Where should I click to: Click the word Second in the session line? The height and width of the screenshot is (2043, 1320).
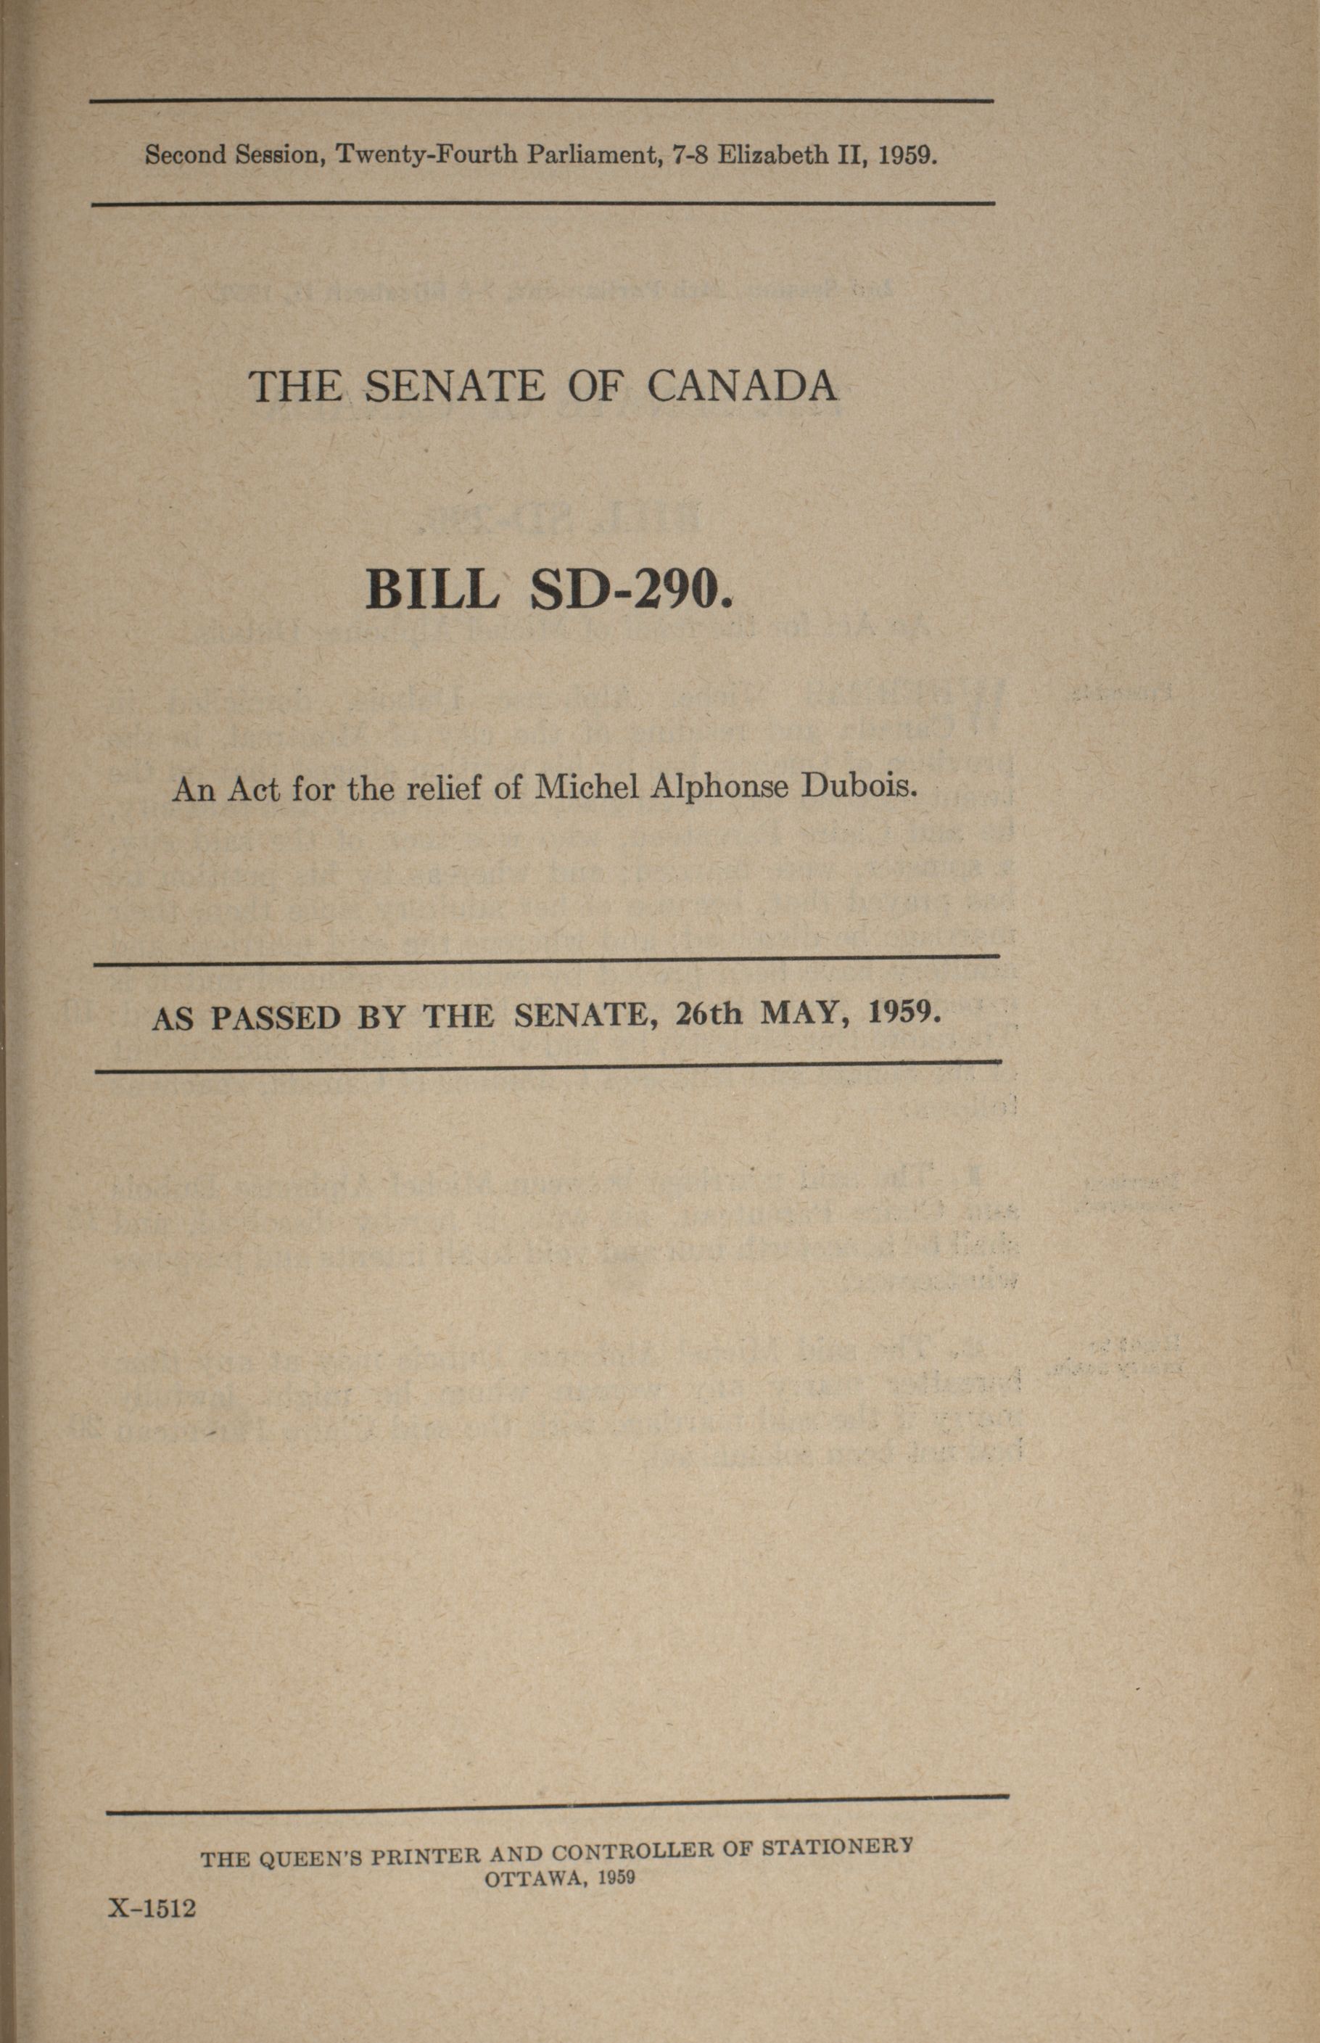tap(184, 155)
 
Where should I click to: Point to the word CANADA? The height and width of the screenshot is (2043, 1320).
tap(741, 387)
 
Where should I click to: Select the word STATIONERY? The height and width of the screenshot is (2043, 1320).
tap(838, 1845)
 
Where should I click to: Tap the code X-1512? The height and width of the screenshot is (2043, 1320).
tap(152, 1907)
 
